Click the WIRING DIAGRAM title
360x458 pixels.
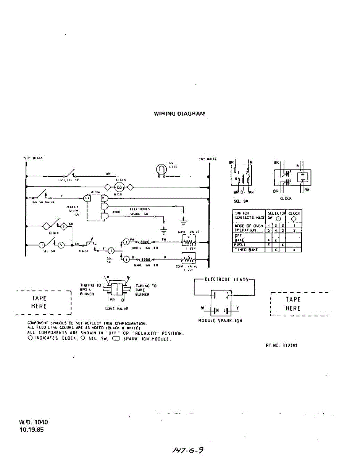(179, 114)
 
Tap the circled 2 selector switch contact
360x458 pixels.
(111, 250)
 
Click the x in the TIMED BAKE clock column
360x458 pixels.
(294, 250)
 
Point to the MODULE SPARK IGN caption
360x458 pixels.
(220, 321)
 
